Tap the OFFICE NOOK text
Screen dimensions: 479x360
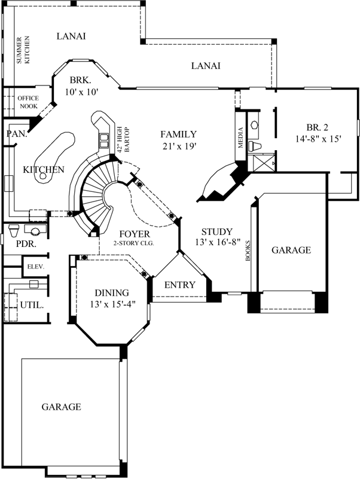click(28, 102)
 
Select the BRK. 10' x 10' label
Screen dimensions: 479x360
click(81, 86)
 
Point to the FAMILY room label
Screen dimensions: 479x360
click(178, 139)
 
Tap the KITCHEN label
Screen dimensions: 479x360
click(43, 170)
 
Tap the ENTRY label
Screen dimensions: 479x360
click(180, 285)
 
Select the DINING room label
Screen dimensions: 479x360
click(112, 298)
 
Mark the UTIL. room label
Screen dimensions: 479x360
click(32, 304)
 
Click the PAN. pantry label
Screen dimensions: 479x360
click(17, 134)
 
